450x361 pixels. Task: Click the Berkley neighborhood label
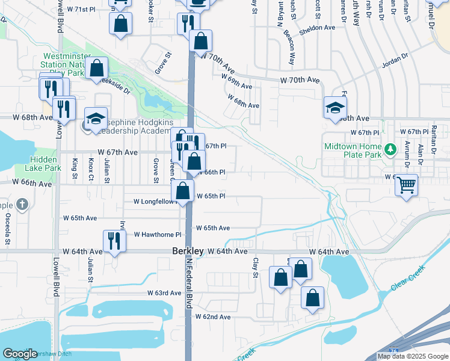pos(187,250)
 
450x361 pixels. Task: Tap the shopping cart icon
pos(407,184)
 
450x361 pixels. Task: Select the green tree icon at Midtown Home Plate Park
pos(390,147)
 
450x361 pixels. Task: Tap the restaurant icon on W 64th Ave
pos(114,241)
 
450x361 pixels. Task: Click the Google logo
pos(20,354)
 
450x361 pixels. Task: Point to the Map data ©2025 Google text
pos(413,356)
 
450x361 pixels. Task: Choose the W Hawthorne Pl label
pos(157,234)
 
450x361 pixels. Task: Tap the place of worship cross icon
pos(22,204)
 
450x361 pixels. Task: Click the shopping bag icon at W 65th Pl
pos(182,191)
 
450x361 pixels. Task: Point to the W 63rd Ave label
pos(164,293)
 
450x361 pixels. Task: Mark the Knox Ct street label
pos(91,169)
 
